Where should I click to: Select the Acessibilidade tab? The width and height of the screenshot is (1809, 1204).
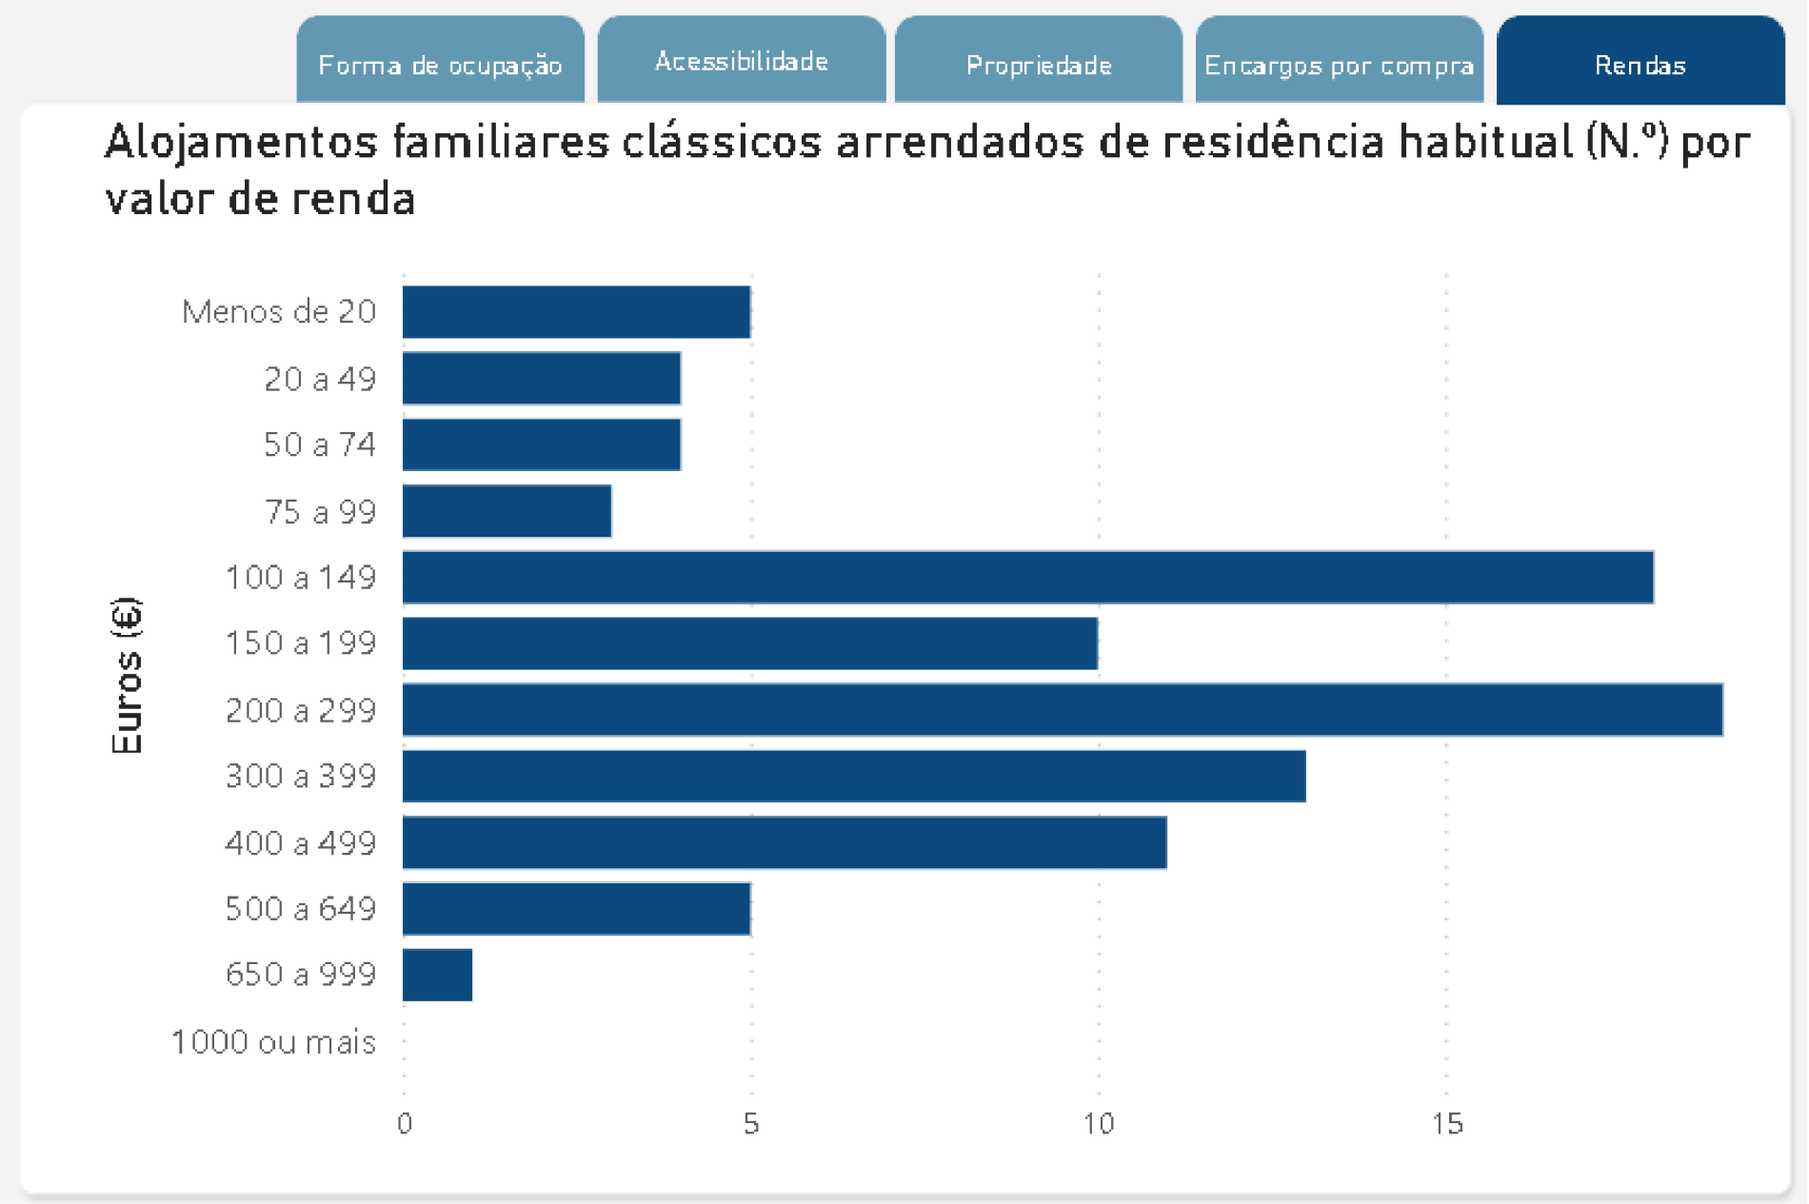click(741, 61)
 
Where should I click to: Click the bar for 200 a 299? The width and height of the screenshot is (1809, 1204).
click(1062, 710)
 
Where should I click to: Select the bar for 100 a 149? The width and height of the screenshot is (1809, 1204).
click(1027, 577)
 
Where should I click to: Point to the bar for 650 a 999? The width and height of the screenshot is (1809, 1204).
click(437, 975)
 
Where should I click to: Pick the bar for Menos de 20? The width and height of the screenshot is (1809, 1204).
click(576, 312)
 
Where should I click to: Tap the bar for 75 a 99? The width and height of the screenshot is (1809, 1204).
click(507, 511)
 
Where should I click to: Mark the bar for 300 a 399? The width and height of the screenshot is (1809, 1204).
click(853, 776)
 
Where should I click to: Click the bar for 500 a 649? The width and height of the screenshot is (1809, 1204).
click(576, 909)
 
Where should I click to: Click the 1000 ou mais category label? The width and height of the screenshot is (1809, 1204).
click(273, 1042)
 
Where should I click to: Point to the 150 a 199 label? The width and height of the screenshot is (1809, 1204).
click(300, 643)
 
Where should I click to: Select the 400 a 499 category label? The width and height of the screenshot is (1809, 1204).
click(300, 843)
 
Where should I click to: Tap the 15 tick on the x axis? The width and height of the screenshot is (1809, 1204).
click(1446, 1124)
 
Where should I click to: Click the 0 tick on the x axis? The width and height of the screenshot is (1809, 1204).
click(405, 1124)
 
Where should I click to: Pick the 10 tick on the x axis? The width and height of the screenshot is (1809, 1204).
click(1098, 1124)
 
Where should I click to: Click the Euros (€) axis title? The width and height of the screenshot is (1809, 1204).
click(127, 676)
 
